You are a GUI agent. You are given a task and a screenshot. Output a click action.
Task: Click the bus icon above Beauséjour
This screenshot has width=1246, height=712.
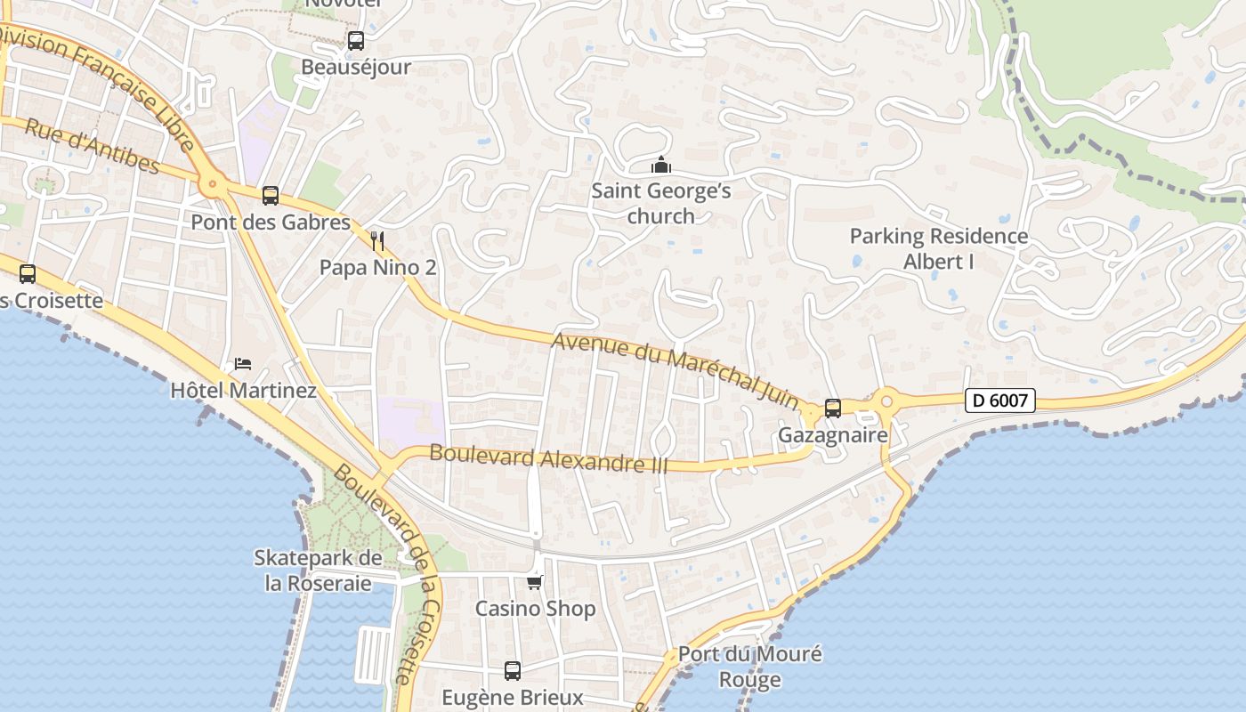click(356, 40)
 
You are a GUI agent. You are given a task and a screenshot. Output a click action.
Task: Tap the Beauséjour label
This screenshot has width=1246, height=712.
click(356, 68)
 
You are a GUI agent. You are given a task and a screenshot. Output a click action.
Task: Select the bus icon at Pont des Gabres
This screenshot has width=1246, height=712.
click(271, 196)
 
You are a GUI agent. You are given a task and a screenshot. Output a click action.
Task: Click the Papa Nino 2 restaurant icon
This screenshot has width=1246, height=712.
click(377, 240)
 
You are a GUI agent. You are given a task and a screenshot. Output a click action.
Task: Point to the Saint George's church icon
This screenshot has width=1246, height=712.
click(661, 166)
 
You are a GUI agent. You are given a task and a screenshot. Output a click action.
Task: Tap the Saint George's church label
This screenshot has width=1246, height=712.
click(661, 204)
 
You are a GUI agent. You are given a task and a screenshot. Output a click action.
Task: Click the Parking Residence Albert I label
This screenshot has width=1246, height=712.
click(939, 249)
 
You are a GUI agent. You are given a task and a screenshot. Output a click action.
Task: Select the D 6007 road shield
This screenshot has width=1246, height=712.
click(1000, 400)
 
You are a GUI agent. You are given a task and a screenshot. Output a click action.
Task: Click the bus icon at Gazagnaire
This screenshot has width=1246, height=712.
click(833, 409)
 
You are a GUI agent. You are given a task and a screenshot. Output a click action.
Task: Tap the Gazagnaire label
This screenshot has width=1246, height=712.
click(833, 435)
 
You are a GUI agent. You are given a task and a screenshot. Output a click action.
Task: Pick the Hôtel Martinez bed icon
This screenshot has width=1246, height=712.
click(243, 364)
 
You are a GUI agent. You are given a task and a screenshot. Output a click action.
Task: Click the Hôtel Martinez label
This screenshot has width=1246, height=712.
click(243, 391)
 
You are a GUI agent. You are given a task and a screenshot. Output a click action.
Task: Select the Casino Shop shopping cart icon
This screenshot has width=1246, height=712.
click(534, 583)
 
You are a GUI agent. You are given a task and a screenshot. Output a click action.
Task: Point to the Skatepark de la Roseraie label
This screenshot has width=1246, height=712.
click(318, 570)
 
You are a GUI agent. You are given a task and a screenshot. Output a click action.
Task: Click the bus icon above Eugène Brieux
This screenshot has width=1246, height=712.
click(513, 671)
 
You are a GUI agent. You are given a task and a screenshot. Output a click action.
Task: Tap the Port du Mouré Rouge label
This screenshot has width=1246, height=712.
click(750, 667)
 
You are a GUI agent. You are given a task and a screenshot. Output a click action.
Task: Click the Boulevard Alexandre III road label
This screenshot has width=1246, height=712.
click(548, 457)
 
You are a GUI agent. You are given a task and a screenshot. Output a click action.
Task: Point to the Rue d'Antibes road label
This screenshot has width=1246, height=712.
click(92, 146)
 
